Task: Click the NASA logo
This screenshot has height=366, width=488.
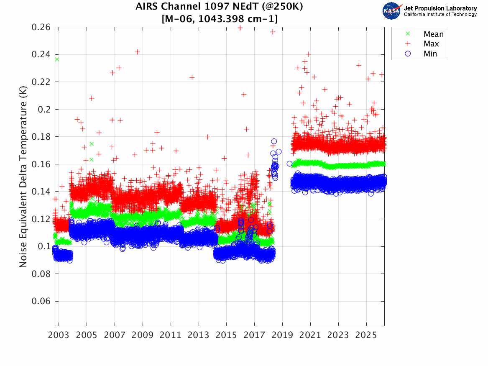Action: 391,11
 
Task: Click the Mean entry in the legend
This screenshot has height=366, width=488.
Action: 425,34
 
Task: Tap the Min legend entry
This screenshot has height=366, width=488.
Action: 421,54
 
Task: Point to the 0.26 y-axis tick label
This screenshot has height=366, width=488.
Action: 41,27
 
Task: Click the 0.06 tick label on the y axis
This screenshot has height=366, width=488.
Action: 41,301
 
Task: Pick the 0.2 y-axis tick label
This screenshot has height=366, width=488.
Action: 44,110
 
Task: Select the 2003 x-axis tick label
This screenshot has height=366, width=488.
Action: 59,335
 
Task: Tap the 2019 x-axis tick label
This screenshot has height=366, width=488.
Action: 282,335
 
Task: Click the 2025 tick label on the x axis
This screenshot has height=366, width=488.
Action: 366,335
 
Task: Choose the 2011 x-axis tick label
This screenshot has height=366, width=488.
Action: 171,335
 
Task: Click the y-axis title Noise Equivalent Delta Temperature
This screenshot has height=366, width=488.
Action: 23,177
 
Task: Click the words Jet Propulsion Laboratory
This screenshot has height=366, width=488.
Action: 440,8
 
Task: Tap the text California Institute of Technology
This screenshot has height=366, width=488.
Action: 440,14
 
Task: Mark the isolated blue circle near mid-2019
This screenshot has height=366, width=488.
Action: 289,164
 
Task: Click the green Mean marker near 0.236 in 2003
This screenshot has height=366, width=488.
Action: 56,59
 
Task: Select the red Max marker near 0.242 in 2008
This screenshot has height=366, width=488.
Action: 137,52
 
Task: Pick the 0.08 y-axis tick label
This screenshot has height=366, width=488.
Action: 41,274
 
